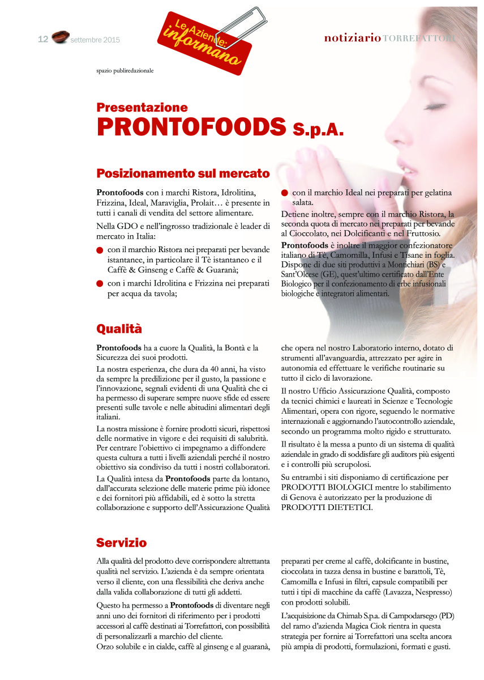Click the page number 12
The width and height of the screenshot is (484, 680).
point(42,39)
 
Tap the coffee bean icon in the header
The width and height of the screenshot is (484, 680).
point(60,38)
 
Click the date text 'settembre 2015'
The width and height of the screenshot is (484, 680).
point(95,40)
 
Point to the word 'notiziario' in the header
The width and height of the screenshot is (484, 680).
point(352,38)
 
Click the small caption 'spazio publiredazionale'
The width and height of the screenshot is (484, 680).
point(125,70)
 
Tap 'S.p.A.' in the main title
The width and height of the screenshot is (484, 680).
point(319,130)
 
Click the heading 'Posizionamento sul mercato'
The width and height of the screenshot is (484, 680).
point(183,173)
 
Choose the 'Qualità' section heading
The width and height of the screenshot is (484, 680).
point(119,329)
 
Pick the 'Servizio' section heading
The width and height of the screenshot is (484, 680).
point(122,543)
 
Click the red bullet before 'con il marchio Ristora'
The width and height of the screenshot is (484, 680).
point(100,250)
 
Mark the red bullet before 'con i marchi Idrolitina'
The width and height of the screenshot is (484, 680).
point(100,283)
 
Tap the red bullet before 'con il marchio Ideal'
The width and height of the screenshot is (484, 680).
point(285,193)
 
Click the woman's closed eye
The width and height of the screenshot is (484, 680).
point(435,106)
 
